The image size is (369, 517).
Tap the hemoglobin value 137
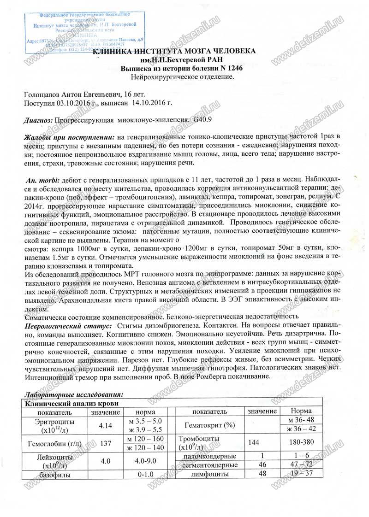tap(106, 443)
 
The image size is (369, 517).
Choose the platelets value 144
tap(253, 443)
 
